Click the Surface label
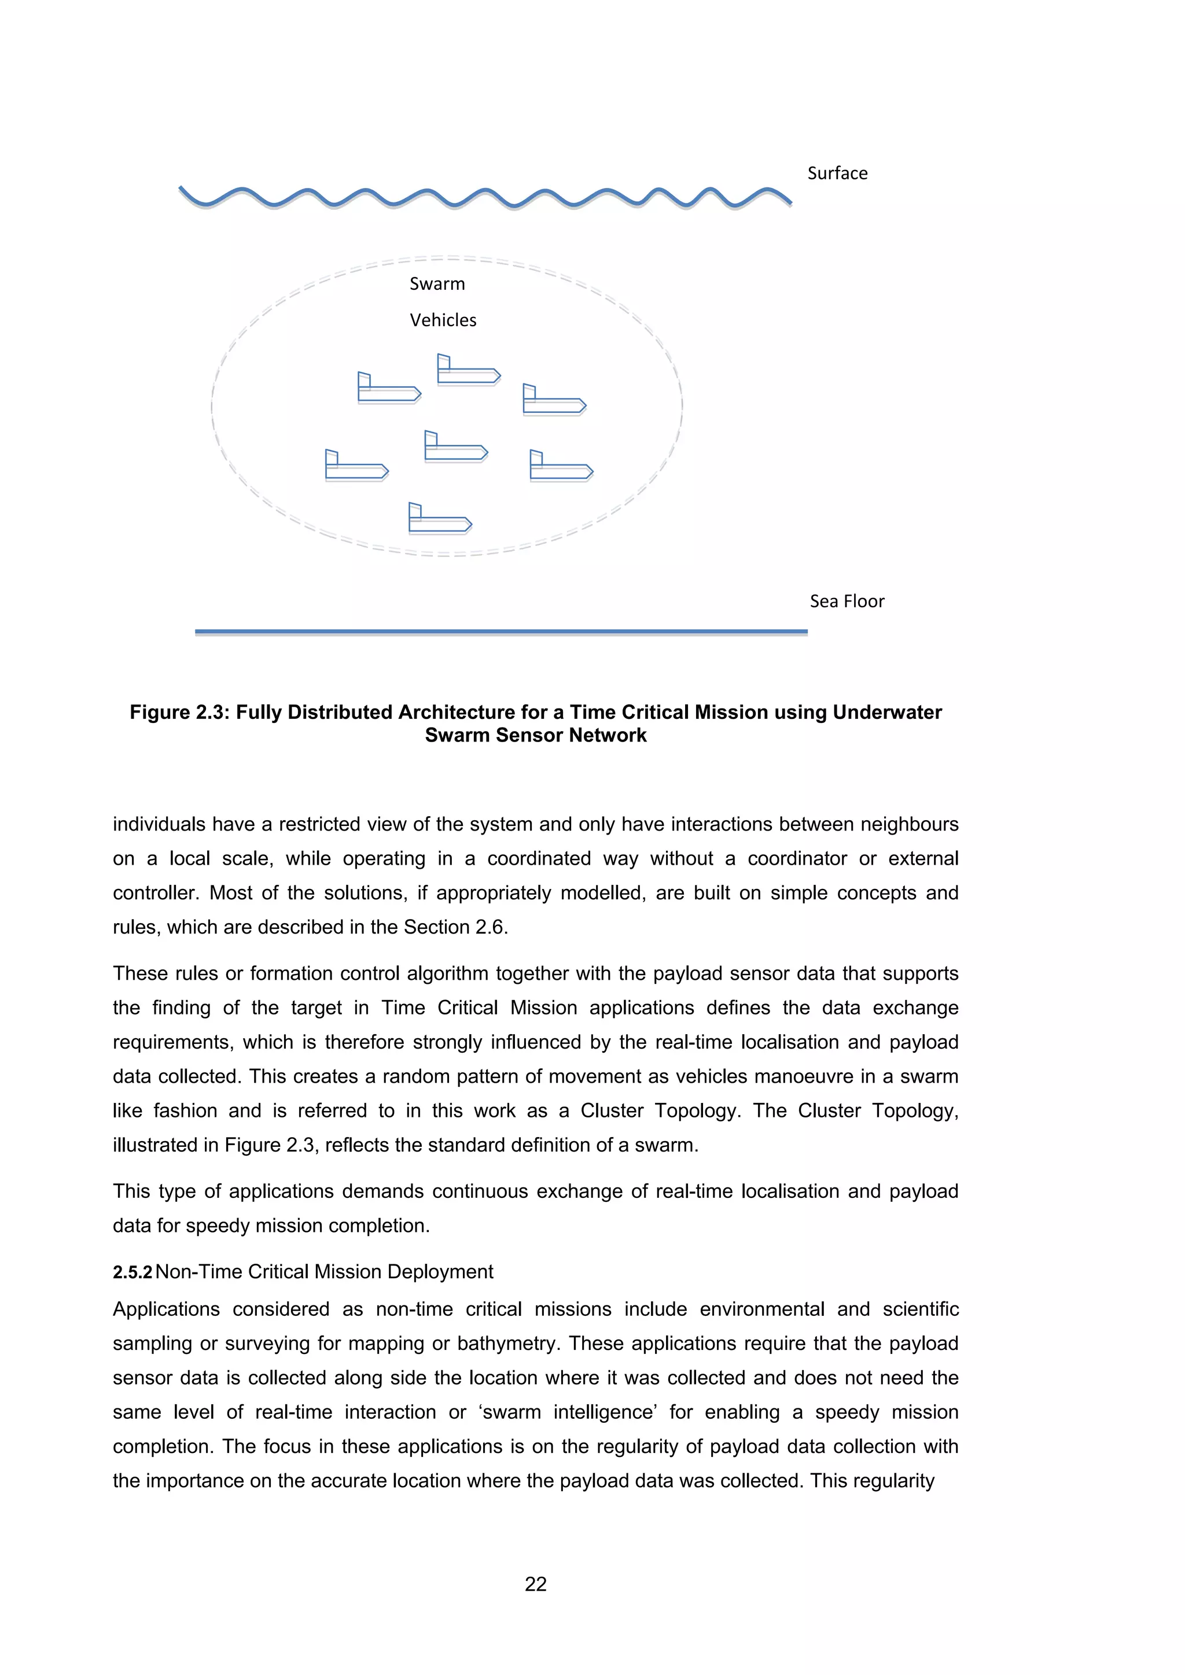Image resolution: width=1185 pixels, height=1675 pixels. (837, 174)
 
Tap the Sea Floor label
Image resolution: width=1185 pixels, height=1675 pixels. (847, 601)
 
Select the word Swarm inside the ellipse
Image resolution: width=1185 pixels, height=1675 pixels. (436, 284)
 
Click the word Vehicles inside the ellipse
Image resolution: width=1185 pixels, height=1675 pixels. (442, 320)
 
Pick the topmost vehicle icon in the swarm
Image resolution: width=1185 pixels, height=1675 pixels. (468, 371)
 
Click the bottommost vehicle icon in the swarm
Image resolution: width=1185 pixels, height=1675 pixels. (440, 519)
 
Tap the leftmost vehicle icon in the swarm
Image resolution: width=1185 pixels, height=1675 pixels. (356, 466)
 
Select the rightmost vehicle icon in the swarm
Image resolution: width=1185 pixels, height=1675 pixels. (561, 467)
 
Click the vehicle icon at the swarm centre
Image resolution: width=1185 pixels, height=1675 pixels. (455, 447)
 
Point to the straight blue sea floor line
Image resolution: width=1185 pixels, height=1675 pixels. (501, 631)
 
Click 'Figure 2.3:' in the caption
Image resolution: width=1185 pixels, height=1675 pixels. (179, 712)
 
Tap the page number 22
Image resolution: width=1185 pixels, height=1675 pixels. (536, 1584)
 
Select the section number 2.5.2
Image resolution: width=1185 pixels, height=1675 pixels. (132, 1272)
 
